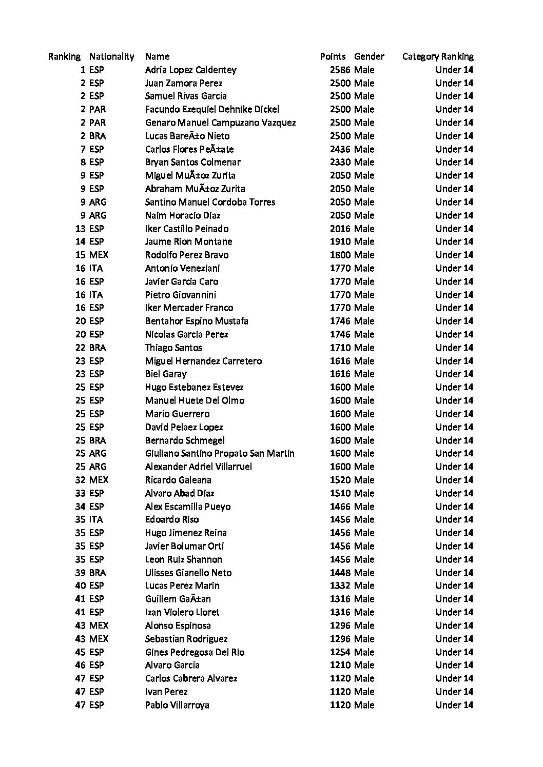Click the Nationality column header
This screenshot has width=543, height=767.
coord(111,56)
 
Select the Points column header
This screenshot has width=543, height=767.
coord(333,56)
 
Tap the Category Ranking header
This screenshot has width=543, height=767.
coord(438,56)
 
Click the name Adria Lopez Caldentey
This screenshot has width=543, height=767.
coord(190,70)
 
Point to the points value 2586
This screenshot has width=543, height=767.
coord(340,70)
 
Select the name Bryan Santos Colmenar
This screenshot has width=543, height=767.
coord(192,162)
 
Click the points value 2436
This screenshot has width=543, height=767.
coord(340,149)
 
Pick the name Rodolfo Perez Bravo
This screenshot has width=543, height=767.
coord(187,255)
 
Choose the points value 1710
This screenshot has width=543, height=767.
coord(340,348)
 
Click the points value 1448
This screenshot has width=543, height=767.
coord(340,573)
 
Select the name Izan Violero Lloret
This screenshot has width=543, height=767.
coord(182,612)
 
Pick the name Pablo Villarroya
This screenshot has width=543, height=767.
coord(177,705)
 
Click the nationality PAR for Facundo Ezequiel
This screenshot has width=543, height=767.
coord(98,109)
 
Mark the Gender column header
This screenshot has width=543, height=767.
coord(369,56)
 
